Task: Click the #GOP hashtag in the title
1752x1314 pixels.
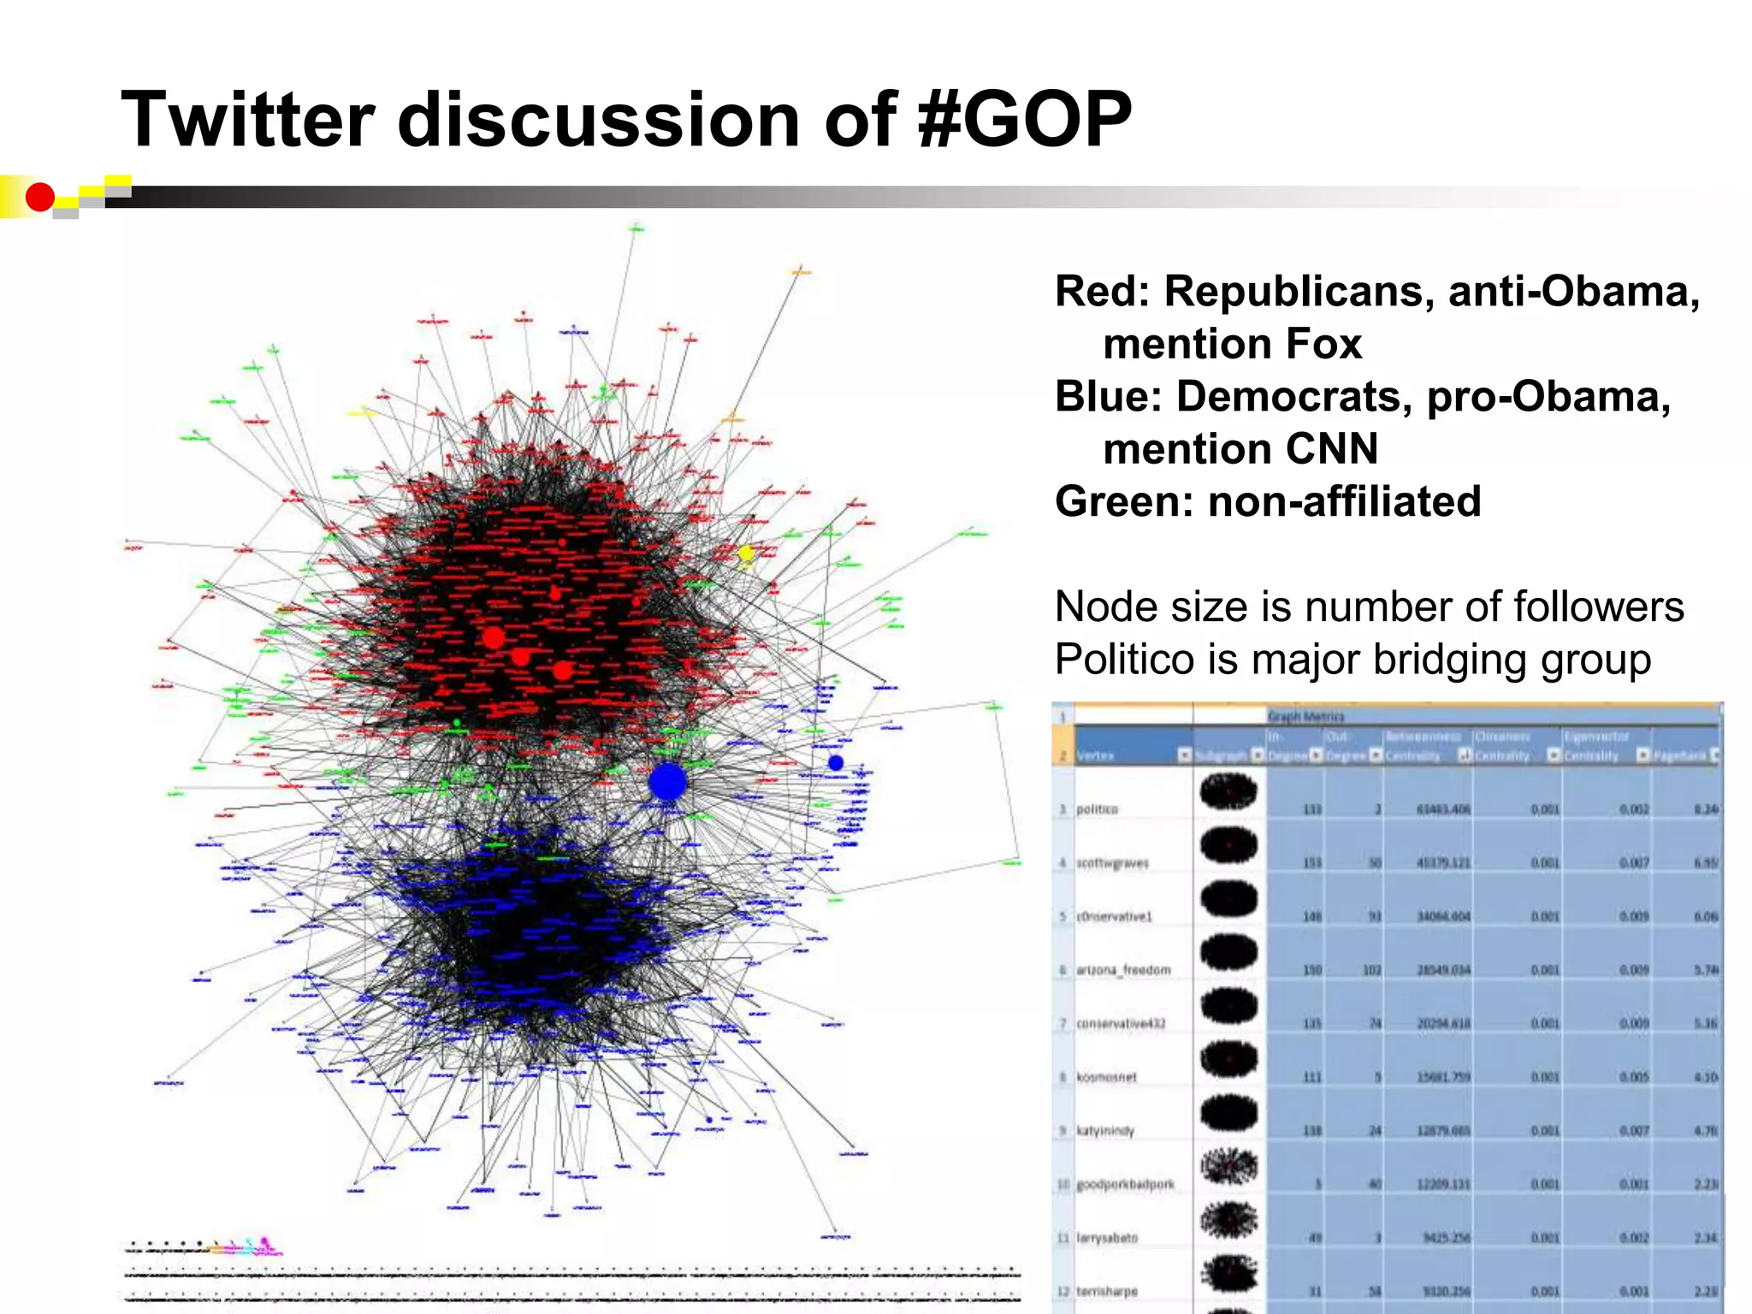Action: point(1023,120)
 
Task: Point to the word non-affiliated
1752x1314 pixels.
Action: point(1344,502)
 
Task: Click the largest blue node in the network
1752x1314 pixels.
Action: point(667,781)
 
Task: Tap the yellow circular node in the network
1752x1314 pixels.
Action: point(746,553)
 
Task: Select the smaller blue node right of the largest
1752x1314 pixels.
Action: point(836,762)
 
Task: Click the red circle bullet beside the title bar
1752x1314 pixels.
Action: point(39,198)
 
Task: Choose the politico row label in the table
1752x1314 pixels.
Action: point(1097,809)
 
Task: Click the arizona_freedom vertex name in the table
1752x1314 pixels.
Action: point(1122,970)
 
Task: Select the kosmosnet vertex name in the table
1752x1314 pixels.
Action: point(1106,1077)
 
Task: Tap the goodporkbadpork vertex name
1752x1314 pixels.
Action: point(1125,1184)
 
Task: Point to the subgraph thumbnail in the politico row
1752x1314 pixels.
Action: point(1228,791)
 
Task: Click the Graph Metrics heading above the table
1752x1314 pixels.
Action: point(1305,716)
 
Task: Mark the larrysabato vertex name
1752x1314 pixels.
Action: point(1107,1238)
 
